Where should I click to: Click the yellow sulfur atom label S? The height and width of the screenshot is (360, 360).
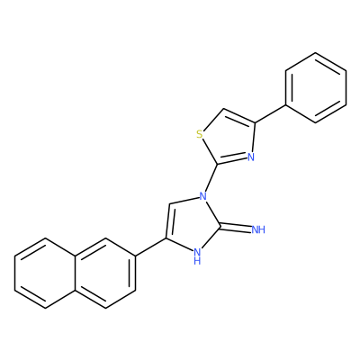pos(200,134)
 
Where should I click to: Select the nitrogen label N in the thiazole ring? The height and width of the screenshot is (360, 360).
pos(251,157)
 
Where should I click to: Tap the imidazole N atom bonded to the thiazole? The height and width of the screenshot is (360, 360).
pos(203,196)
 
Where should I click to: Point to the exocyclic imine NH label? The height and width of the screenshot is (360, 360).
pos(258,230)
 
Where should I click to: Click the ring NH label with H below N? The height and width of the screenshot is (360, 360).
pos(197,256)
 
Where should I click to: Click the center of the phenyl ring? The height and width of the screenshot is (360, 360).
pos(316,87)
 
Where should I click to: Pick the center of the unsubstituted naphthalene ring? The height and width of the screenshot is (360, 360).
pos(45,273)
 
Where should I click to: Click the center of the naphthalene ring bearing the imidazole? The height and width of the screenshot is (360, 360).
pos(105,273)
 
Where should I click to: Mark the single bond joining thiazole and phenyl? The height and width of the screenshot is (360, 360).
pos(270,114)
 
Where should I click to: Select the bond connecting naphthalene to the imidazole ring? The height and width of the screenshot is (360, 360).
pos(150,247)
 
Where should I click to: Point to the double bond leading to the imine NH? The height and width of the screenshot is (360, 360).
pos(236,229)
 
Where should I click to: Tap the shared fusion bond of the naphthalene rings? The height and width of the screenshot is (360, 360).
pos(76,273)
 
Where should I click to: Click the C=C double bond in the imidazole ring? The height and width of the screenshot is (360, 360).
pos(168,221)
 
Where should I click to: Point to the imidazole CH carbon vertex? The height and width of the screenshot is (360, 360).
pos(170,204)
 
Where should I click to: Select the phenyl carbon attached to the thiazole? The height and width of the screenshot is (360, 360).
pos(285,105)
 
